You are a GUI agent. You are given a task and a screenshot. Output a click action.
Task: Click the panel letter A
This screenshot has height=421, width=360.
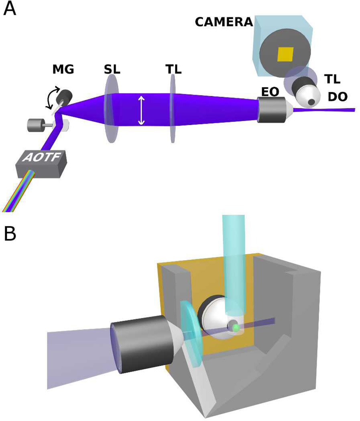10,9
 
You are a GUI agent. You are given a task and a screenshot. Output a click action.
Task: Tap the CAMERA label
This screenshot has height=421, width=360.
224,22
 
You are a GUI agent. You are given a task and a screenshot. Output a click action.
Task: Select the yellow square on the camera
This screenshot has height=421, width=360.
285,54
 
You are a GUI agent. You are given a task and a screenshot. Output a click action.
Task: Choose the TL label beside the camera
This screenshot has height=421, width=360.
332,79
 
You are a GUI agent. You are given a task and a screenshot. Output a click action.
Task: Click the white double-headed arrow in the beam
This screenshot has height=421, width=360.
141,109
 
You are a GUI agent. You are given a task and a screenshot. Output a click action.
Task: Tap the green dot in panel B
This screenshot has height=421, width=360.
236,328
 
